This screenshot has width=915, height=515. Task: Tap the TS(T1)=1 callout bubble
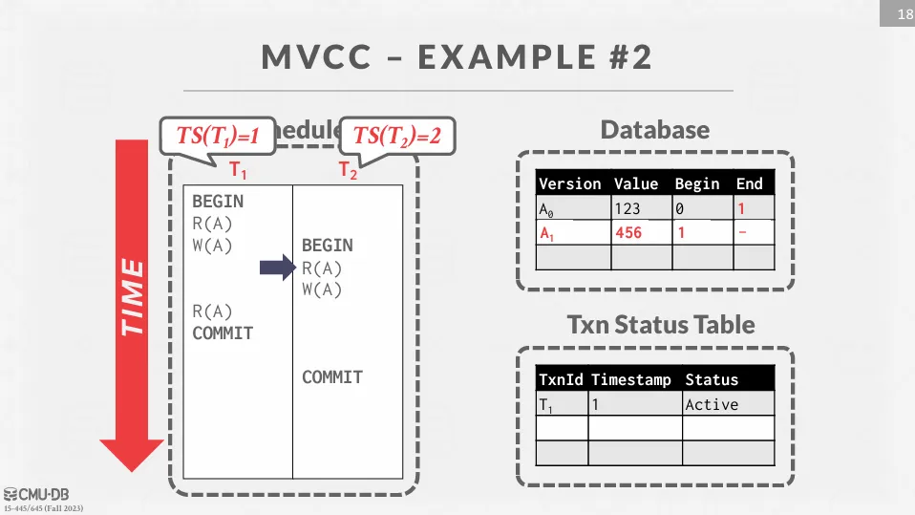(x=218, y=136)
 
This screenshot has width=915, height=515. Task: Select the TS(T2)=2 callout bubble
(x=396, y=136)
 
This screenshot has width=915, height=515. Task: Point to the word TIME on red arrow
(x=132, y=296)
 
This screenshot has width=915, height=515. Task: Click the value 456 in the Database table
(x=628, y=233)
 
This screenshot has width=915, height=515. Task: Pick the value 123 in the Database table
(x=628, y=208)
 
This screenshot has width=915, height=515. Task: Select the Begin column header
(x=696, y=183)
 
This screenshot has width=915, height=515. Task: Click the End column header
(x=749, y=183)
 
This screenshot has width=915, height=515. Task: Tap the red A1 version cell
(x=547, y=233)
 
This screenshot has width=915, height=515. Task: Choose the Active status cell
(x=712, y=404)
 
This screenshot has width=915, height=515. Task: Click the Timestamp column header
(x=631, y=379)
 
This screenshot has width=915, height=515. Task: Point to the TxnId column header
(x=561, y=379)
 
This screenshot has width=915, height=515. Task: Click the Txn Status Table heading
(x=661, y=325)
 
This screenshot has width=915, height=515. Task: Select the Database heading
(x=654, y=130)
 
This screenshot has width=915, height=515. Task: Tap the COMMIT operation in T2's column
(x=332, y=377)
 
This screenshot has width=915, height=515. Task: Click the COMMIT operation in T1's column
(x=223, y=333)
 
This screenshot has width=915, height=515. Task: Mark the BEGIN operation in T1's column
(x=218, y=202)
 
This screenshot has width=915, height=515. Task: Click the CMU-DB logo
(x=36, y=494)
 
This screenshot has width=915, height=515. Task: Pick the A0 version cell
(x=547, y=208)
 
